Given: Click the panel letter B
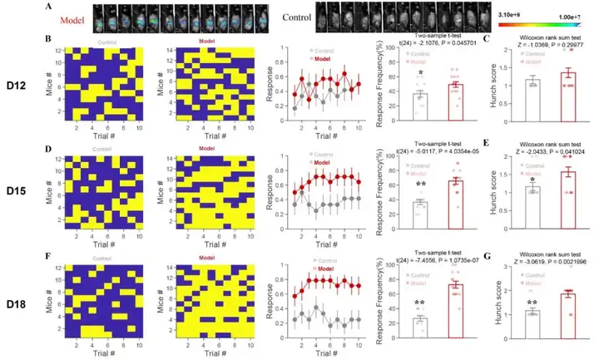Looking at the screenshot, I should pyautogui.click(x=48, y=40).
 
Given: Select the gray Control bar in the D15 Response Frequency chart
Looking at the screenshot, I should pyautogui.click(x=421, y=215).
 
